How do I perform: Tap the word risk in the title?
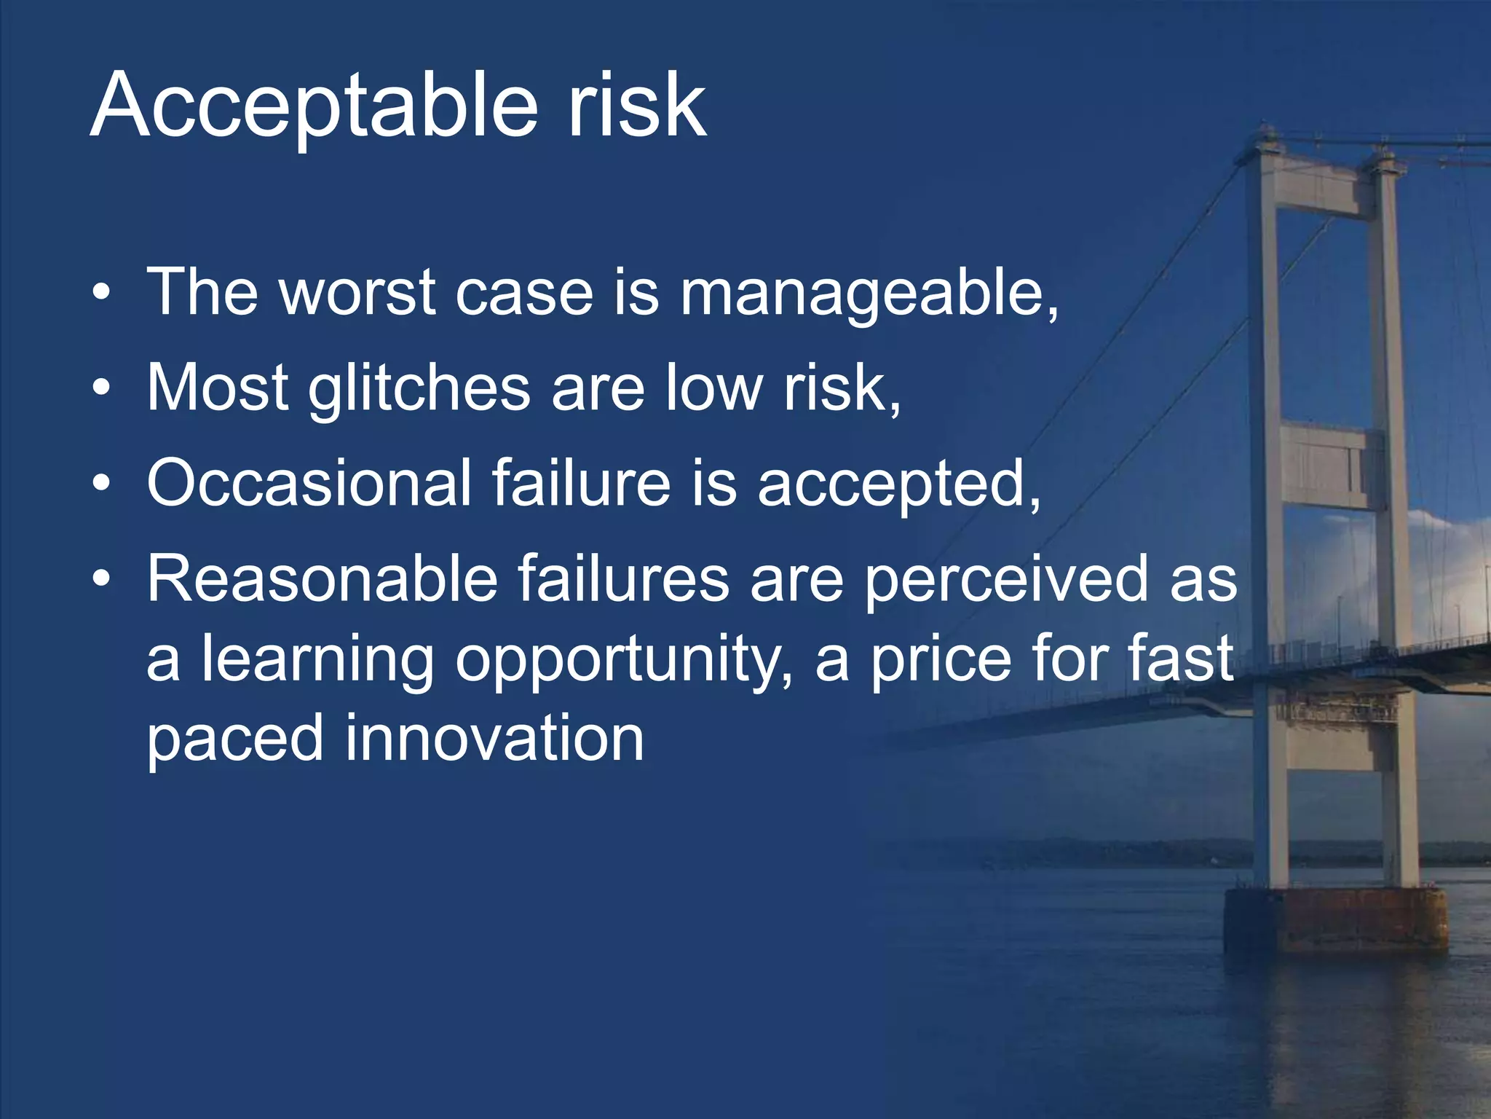pyautogui.click(x=636, y=106)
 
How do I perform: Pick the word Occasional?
pyautogui.click(x=309, y=483)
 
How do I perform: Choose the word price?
pyautogui.click(x=940, y=660)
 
